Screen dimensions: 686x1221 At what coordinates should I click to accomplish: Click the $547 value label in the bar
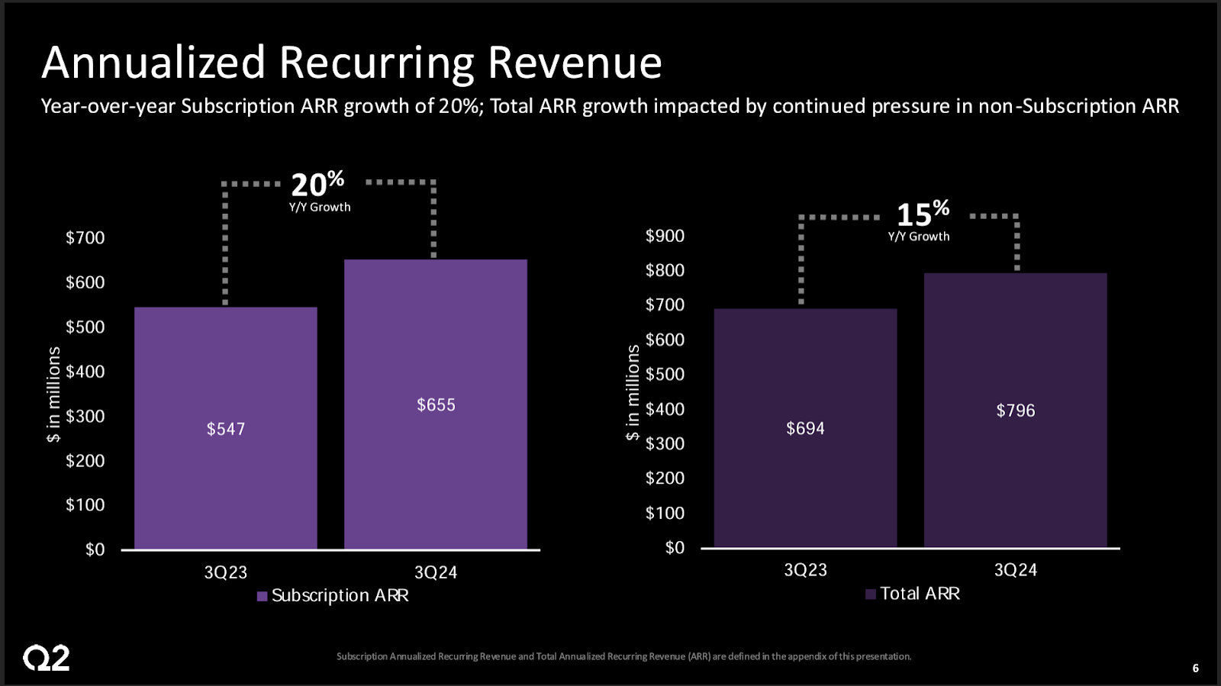(226, 429)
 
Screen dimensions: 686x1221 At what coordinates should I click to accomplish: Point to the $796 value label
(1016, 411)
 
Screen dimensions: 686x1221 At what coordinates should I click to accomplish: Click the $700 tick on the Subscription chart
(85, 238)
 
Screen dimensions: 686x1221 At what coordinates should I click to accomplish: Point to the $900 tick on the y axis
(665, 236)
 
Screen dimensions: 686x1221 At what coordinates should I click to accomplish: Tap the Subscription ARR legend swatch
(262, 596)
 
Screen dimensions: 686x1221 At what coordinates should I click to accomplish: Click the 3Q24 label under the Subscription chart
(436, 572)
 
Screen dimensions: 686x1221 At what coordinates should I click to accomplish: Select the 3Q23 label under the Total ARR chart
(805, 570)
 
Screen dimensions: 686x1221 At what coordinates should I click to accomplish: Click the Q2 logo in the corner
(47, 658)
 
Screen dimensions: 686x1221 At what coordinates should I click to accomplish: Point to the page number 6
(1195, 668)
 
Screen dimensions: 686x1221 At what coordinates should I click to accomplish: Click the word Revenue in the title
(575, 63)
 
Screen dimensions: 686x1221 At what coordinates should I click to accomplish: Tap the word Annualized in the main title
(153, 63)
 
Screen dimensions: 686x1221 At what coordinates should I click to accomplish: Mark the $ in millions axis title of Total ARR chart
(633, 392)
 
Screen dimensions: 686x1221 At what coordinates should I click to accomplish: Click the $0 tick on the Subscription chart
(95, 549)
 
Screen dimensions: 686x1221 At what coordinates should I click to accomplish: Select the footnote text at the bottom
(623, 656)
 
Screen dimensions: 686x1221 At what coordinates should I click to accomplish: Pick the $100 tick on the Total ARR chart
(665, 513)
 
